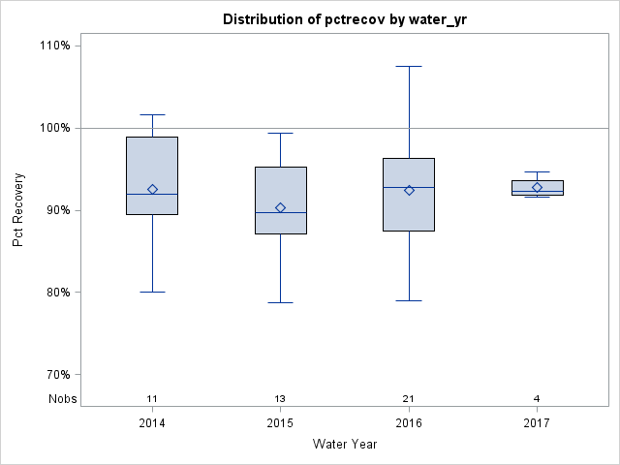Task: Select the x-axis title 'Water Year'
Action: [x=344, y=445]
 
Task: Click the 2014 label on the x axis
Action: [x=152, y=423]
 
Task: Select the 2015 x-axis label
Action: [x=280, y=423]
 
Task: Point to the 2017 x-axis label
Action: [x=537, y=423]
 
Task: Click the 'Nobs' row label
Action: [x=63, y=399]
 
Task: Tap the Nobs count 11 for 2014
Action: [x=152, y=399]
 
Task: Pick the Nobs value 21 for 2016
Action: [x=409, y=399]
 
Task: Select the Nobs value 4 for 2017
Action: [x=537, y=399]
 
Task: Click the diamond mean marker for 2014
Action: [x=152, y=189]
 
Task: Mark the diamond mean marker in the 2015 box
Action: [x=280, y=207]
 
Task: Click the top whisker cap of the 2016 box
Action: [x=409, y=66]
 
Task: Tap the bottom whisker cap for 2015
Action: [x=280, y=302]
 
